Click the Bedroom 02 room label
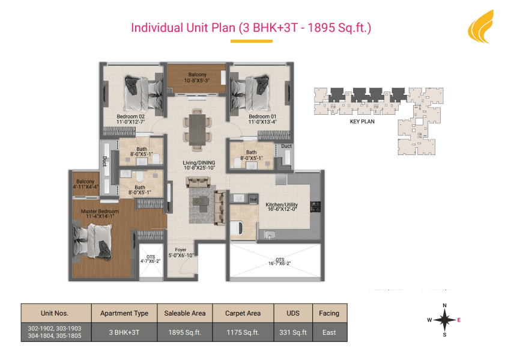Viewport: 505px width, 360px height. click(130, 117)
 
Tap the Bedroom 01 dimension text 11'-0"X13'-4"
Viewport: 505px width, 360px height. click(262, 122)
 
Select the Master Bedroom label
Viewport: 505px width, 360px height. click(100, 211)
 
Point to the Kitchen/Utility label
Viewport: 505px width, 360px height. click(282, 204)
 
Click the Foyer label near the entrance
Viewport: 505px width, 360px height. click(181, 250)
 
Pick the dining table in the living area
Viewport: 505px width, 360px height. click(197, 130)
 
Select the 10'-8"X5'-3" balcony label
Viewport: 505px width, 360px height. click(197, 81)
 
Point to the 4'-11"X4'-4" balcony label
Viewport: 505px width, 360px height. click(86, 186)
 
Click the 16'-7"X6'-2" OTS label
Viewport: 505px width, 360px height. click(280, 263)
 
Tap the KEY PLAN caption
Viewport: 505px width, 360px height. click(362, 121)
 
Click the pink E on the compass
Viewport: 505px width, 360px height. click(459, 320)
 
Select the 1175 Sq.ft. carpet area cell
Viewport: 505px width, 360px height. click(243, 332)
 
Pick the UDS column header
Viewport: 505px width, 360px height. click(293, 313)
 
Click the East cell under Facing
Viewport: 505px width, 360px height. click(329, 332)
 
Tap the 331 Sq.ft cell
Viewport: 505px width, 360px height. click(293, 332)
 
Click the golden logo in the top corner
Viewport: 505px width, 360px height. click(481, 26)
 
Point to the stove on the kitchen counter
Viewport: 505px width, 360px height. click(315, 207)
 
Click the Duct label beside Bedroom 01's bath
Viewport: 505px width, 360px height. click(286, 146)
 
